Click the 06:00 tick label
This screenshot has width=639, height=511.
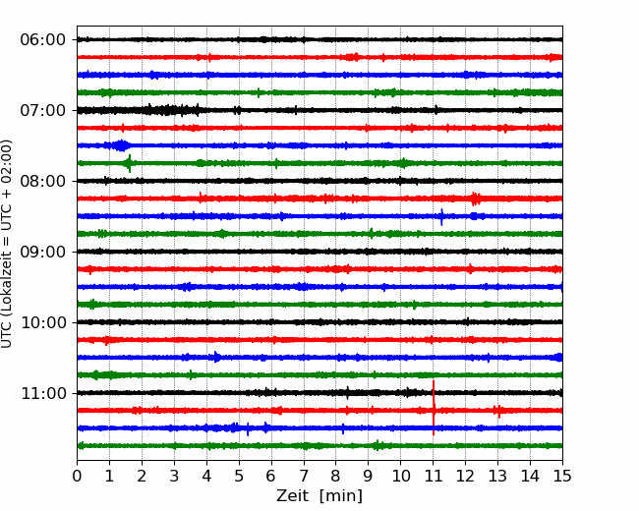(x=43, y=40)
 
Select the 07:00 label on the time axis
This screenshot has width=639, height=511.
(x=43, y=110)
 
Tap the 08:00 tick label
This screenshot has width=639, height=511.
(x=43, y=181)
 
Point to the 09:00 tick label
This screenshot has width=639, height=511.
(x=43, y=252)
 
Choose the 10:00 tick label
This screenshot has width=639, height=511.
(x=43, y=322)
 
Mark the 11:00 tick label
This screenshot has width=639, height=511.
(x=43, y=393)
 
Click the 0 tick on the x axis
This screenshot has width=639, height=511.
(x=77, y=476)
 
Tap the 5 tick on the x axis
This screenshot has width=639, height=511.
(x=239, y=476)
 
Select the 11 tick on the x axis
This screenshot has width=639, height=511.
(x=434, y=476)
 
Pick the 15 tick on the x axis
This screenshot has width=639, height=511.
(x=562, y=476)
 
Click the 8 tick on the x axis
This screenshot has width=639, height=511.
(x=336, y=476)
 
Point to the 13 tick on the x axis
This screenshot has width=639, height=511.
(x=498, y=476)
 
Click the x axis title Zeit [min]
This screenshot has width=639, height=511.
(x=319, y=496)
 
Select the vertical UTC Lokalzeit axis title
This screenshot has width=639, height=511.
(x=7, y=244)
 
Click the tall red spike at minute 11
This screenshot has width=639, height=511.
(x=434, y=408)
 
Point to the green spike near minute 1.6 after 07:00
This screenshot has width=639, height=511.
(x=130, y=163)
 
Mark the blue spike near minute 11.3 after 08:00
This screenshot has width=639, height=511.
(x=441, y=216)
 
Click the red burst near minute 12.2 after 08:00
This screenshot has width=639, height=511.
(x=475, y=199)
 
